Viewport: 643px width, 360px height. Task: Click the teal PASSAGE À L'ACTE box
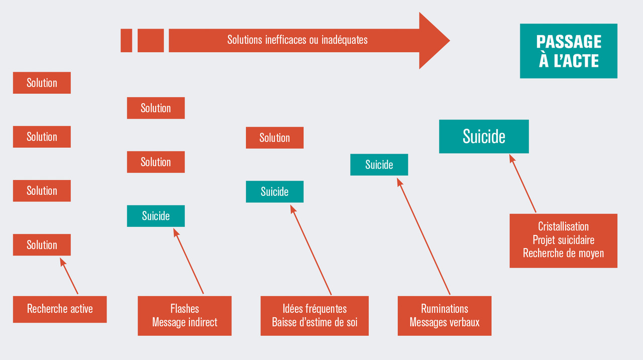(568, 51)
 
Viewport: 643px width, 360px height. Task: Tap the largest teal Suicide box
(484, 137)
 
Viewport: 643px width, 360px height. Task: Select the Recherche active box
(60, 309)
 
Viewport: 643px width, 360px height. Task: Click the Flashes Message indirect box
(184, 315)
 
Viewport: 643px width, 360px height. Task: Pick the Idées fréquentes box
(314, 315)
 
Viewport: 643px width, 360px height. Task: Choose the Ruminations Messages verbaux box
(444, 315)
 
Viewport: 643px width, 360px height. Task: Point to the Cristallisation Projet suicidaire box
(563, 241)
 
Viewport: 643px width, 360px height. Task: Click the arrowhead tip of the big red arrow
(449, 41)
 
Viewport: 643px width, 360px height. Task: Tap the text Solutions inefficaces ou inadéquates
(297, 40)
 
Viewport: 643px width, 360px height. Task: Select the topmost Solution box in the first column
(42, 83)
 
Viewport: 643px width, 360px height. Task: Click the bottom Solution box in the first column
(42, 245)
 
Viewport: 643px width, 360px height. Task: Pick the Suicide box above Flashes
(156, 216)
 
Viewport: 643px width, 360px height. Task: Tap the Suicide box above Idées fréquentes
(274, 192)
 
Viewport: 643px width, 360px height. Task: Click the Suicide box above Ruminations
(379, 165)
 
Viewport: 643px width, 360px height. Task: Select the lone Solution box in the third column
(274, 138)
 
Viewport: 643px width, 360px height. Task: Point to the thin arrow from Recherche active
(69, 276)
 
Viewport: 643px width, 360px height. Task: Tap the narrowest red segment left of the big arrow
(126, 41)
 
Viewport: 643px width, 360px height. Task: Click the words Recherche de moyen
(563, 253)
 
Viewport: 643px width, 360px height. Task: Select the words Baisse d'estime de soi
(314, 322)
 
